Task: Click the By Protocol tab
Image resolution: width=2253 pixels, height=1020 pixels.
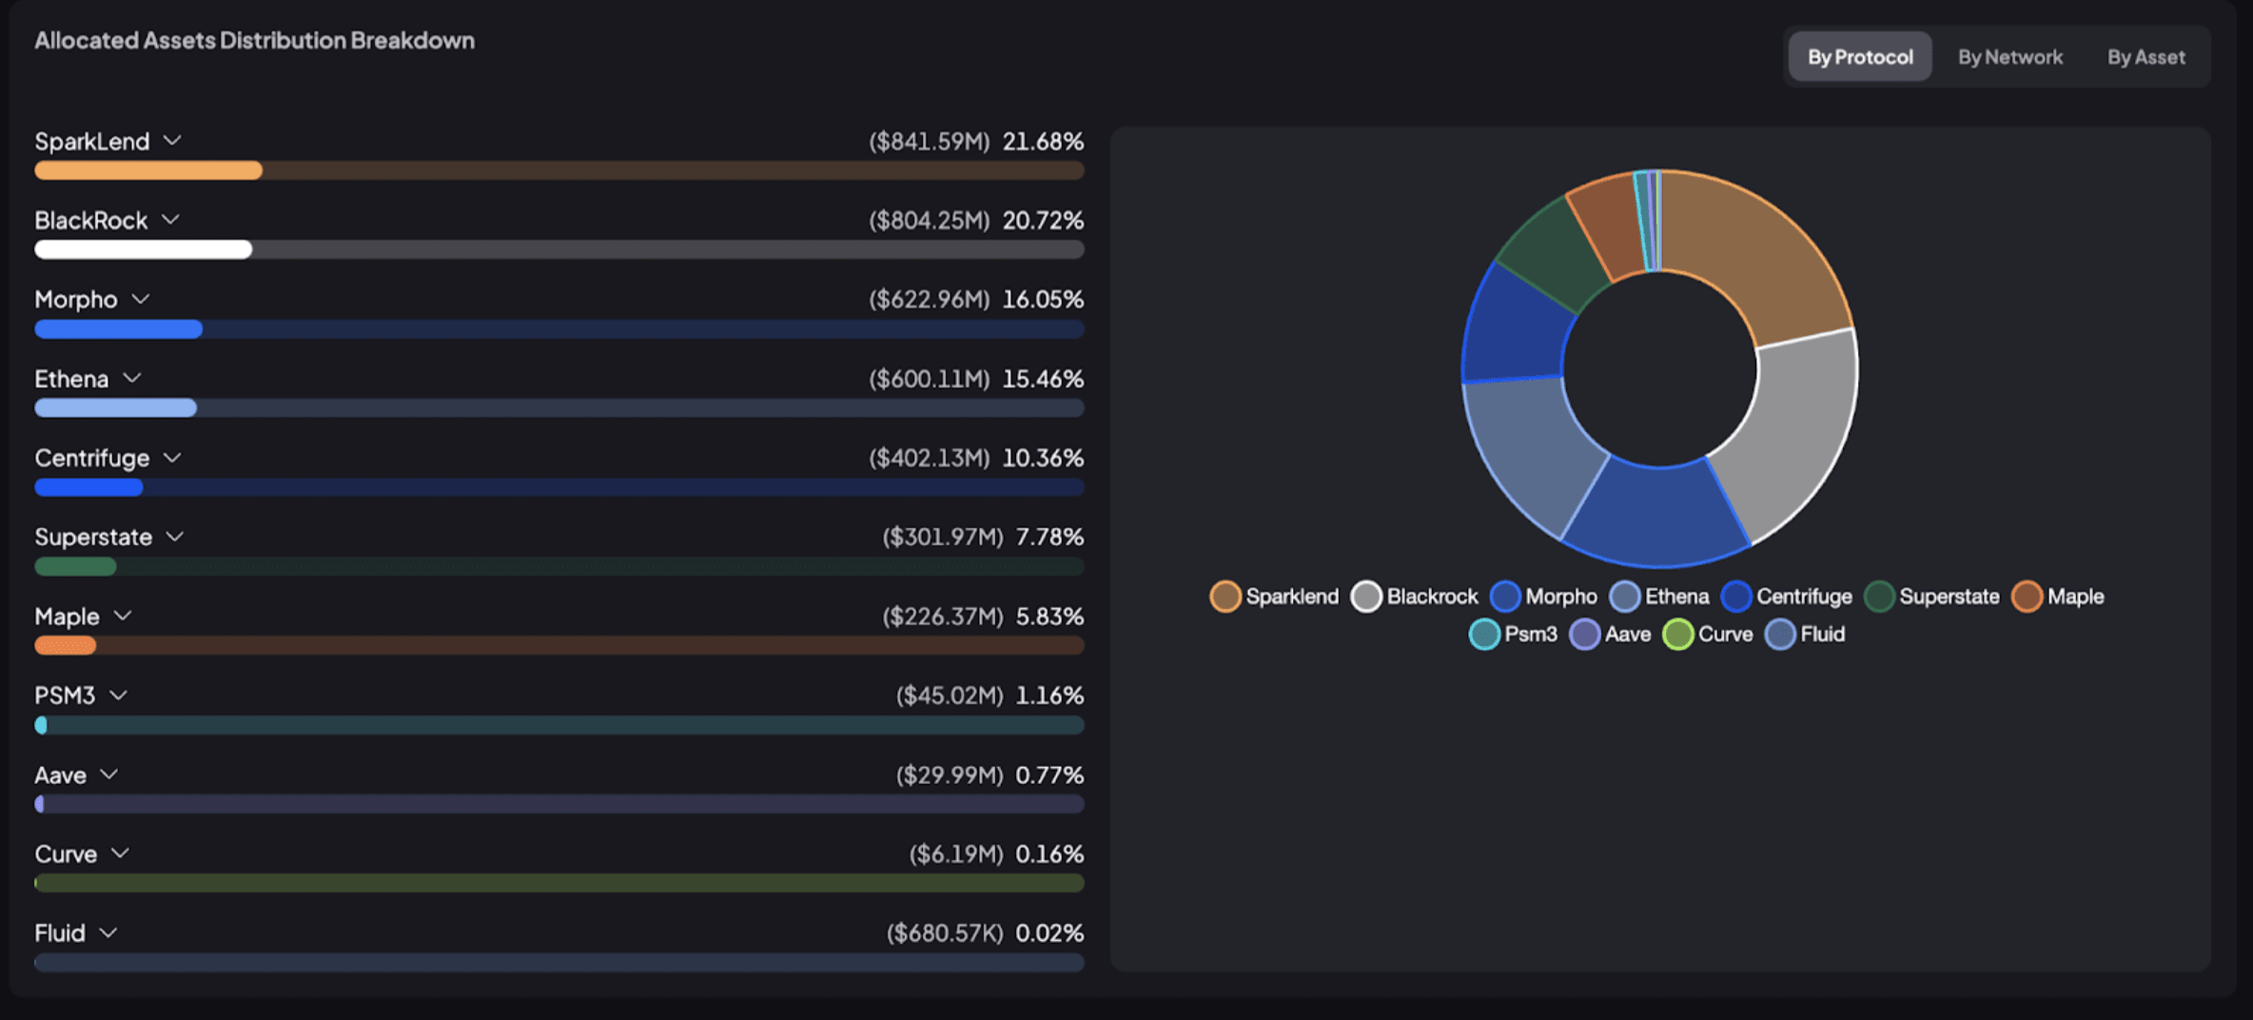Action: click(1859, 57)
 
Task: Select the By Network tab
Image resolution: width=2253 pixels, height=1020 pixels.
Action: click(2009, 57)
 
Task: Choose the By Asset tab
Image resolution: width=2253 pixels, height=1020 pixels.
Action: click(2145, 57)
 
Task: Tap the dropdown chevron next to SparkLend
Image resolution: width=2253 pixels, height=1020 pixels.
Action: click(172, 141)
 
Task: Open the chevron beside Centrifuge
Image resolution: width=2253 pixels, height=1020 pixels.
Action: click(172, 458)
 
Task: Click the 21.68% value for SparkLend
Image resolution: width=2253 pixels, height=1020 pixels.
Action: click(1043, 142)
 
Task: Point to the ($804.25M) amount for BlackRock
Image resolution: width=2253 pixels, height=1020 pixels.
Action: click(929, 221)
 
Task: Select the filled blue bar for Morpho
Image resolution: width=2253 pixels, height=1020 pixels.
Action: click(118, 329)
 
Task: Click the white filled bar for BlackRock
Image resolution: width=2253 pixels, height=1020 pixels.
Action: click(143, 250)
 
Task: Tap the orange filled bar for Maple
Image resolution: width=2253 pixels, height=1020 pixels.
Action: click(65, 646)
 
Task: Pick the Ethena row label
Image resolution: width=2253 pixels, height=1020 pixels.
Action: click(71, 379)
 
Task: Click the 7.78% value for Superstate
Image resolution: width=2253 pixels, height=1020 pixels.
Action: click(1049, 538)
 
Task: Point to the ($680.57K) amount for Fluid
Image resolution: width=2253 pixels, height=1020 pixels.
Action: click(944, 933)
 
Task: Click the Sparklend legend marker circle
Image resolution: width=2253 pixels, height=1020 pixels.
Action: click(1225, 597)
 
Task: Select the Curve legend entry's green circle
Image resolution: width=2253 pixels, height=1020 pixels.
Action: click(1678, 635)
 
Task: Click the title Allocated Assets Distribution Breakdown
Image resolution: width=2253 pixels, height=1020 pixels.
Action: click(254, 40)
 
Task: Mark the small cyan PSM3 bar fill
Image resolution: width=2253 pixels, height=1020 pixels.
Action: click(41, 725)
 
